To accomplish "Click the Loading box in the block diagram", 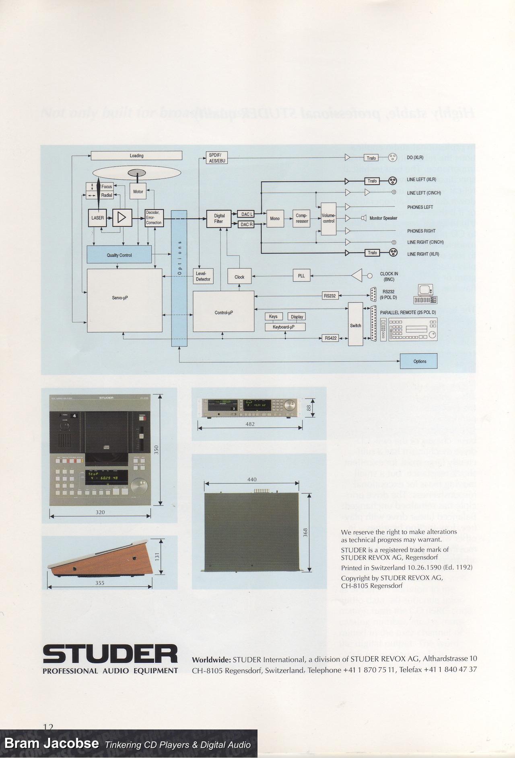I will tap(136, 156).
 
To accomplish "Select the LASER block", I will tap(98, 218).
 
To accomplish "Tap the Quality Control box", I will tap(119, 255).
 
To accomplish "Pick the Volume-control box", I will tap(328, 218).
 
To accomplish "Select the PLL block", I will tap(301, 276).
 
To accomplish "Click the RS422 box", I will tap(330, 338).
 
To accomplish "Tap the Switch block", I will tap(355, 325).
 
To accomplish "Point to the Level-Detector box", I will tap(203, 276).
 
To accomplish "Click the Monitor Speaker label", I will tap(383, 218).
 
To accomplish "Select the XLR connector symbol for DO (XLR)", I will tap(393, 158).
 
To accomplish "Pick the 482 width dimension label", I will tap(250, 424).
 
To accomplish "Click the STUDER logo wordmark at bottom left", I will tap(110, 655).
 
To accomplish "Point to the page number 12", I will tap(48, 726).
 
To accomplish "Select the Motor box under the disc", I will tap(138, 192).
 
